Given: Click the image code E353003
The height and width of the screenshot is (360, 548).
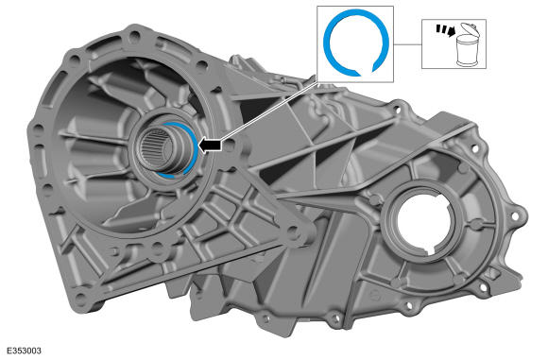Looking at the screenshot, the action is pos(24,351).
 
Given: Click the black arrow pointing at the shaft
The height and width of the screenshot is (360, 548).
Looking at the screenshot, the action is pos(210,146).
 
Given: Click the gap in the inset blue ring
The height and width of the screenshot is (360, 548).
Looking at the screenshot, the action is pos(366,72).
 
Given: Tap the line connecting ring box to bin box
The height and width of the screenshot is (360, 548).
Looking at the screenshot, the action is pos(407,44).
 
